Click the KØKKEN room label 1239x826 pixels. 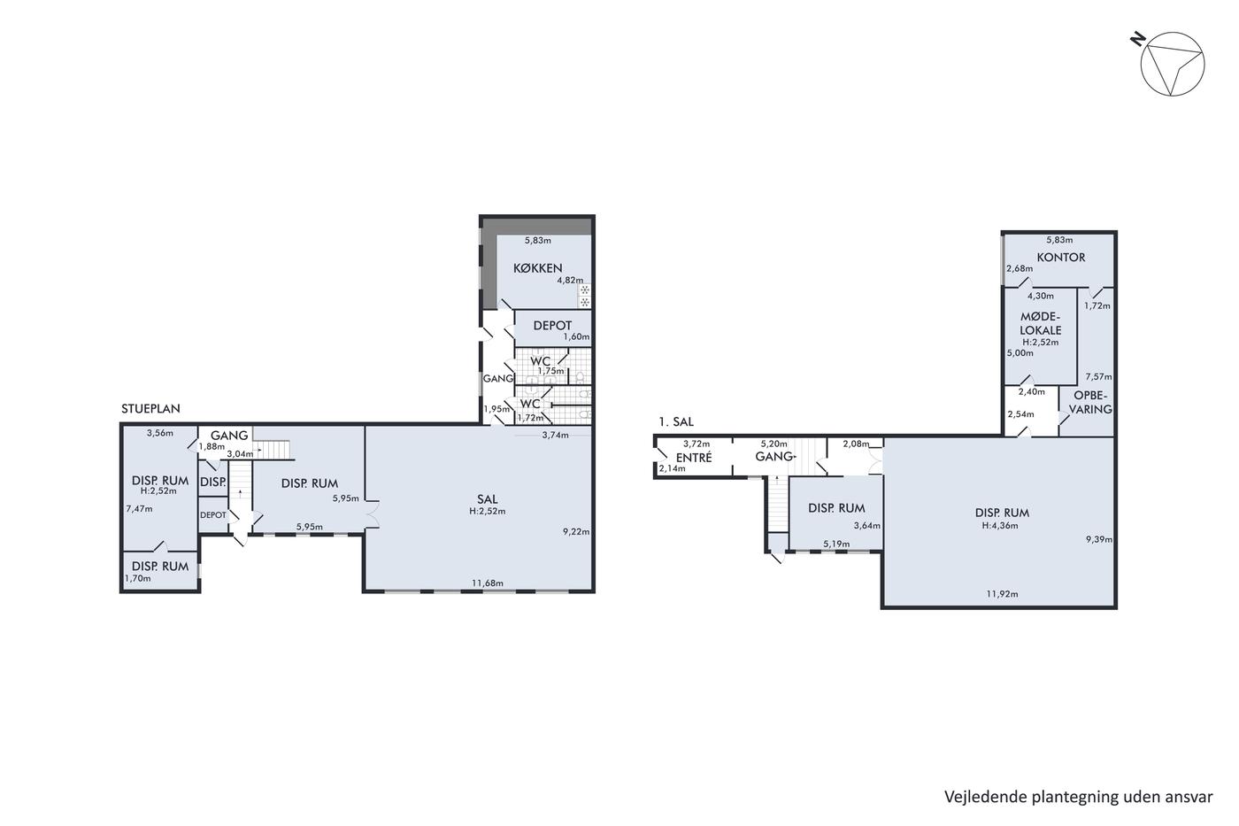538,268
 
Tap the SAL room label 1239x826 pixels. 488,499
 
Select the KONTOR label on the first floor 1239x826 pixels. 1061,258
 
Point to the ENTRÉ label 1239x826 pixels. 694,458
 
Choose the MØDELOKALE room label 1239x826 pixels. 1041,324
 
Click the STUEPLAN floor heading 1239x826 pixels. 150,409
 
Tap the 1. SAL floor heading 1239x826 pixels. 676,421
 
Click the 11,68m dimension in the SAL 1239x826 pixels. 488,583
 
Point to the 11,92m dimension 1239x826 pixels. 1002,594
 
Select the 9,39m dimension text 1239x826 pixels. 1098,539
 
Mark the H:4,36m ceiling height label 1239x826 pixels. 1000,526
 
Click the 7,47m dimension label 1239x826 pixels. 140,509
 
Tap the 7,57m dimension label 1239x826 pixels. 1098,377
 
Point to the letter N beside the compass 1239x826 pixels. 1137,39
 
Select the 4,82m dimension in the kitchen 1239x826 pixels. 570,280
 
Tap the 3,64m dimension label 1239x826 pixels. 866,526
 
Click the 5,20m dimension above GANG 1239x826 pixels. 773,444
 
